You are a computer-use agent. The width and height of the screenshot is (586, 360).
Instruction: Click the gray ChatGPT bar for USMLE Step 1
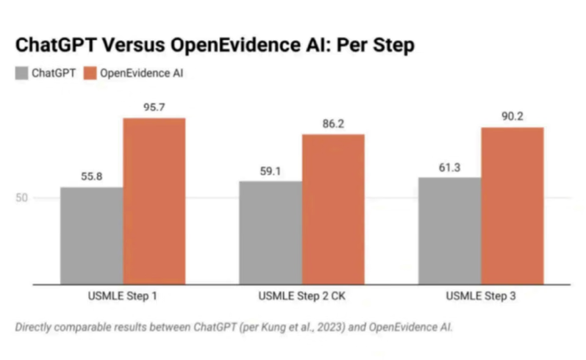92,236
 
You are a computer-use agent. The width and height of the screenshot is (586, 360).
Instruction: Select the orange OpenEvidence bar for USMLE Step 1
154,201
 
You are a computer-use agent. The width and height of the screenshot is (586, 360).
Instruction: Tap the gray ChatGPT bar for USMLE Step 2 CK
270,232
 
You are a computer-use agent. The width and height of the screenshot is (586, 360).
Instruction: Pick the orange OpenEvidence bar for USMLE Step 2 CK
333,209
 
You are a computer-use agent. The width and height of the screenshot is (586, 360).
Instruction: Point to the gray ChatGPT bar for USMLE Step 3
450,231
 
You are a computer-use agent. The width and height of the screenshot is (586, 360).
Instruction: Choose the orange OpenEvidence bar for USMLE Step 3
512,206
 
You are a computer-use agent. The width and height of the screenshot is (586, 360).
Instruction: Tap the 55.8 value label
92,176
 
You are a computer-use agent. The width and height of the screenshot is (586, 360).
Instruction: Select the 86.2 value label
333,123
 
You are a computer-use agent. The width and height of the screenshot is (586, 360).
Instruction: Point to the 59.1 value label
270,171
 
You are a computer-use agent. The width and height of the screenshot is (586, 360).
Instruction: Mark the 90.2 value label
513,117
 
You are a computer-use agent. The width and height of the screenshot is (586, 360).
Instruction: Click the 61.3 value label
450,167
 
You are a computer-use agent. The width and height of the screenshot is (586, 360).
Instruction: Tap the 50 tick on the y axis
23,198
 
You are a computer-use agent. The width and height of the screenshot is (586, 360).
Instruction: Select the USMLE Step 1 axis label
122,298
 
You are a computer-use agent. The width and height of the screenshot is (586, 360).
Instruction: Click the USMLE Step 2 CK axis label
302,298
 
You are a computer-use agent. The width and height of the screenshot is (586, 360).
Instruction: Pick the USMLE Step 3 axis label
481,298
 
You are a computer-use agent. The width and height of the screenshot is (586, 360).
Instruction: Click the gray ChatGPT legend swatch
21,74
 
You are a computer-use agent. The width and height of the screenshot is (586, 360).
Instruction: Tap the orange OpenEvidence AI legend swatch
90,74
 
